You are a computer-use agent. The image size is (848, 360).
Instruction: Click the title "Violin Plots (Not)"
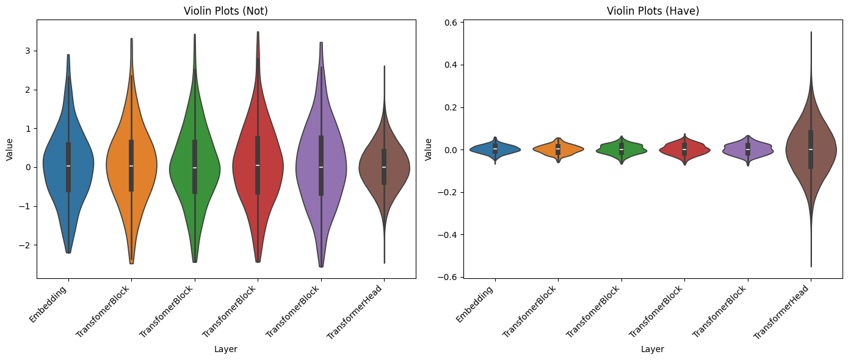click(x=226, y=11)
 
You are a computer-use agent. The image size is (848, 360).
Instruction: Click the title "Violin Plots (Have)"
click(x=652, y=11)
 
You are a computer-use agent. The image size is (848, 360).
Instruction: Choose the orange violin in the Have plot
click(x=549, y=149)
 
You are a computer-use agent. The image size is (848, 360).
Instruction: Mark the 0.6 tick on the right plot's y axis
click(x=449, y=23)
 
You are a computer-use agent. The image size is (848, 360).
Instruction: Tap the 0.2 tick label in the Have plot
click(x=449, y=107)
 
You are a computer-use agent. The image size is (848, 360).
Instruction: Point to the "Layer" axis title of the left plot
click(x=226, y=350)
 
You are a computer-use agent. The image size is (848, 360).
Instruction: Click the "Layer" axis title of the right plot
click(x=652, y=350)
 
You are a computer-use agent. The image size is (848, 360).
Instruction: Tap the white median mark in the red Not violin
click(x=258, y=165)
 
